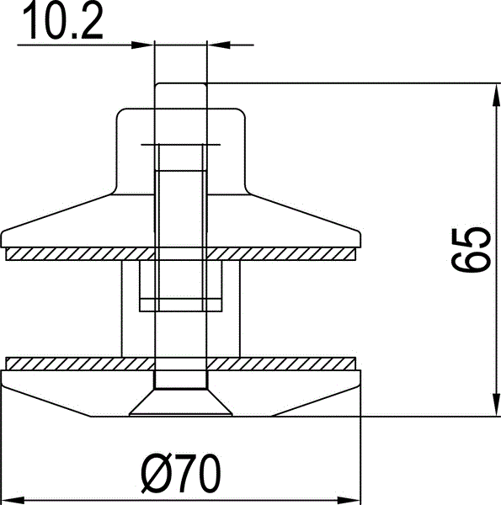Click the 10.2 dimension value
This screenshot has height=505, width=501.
click(63, 20)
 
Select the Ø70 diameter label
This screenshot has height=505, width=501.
click(181, 473)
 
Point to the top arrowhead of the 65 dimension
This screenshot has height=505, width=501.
click(497, 94)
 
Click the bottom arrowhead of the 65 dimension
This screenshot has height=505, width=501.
click(497, 405)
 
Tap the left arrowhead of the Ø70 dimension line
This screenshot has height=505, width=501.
click(13, 501)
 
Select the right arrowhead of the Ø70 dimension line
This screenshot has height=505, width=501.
click(349, 501)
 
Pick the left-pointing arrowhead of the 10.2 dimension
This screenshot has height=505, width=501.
click(218, 45)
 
